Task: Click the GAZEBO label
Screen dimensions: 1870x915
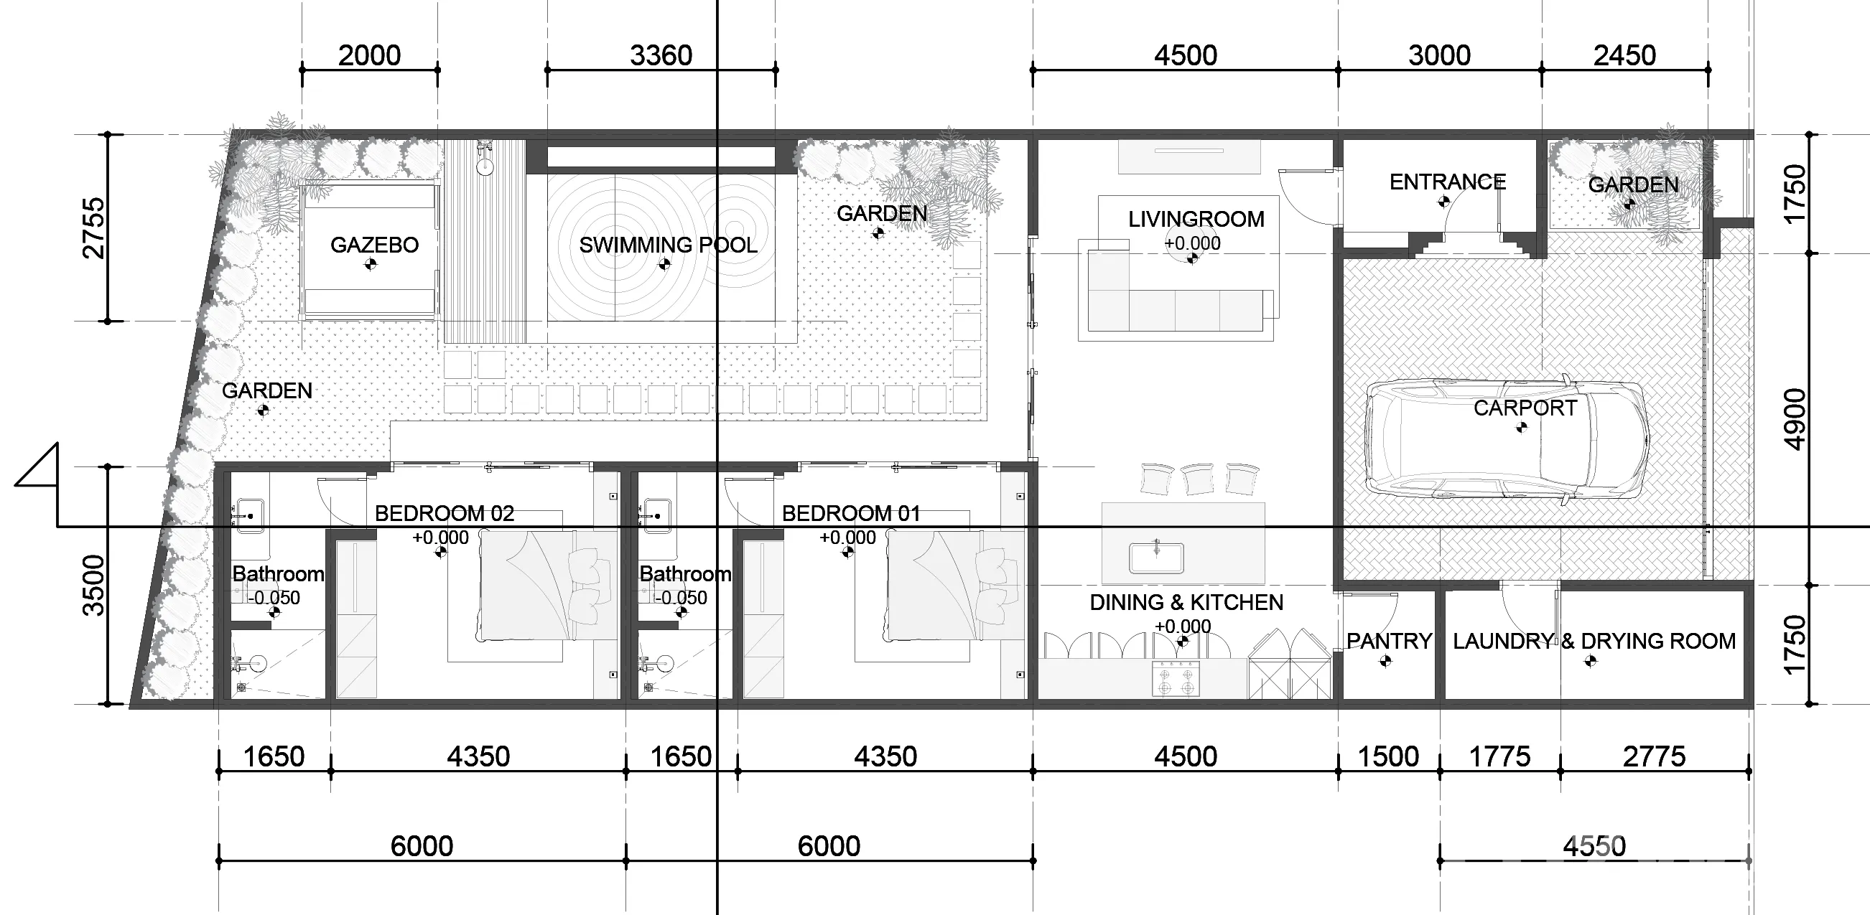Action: pyautogui.click(x=375, y=245)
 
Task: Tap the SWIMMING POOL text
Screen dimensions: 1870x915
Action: pyautogui.click(x=668, y=245)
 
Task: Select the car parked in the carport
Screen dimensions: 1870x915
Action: pyautogui.click(x=1507, y=440)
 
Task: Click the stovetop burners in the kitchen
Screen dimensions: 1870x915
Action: pyautogui.click(x=1176, y=678)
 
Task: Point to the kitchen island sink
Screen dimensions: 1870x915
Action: pyautogui.click(x=1157, y=558)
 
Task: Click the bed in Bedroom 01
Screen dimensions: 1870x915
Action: pyautogui.click(x=954, y=586)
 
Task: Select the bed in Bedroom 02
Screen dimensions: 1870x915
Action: pyautogui.click(x=547, y=586)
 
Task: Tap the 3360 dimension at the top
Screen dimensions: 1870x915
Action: pyautogui.click(x=661, y=55)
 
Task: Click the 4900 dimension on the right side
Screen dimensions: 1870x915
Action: pyautogui.click(x=1795, y=419)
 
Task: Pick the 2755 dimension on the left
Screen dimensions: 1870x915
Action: pyautogui.click(x=94, y=227)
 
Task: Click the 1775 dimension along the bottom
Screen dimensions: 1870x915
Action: pyautogui.click(x=1499, y=757)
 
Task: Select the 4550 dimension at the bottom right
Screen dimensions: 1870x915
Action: pyautogui.click(x=1594, y=846)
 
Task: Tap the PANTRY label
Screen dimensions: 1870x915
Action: pyautogui.click(x=1389, y=642)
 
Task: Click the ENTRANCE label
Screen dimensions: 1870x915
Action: pyautogui.click(x=1448, y=182)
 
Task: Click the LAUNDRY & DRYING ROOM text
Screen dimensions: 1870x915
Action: pyautogui.click(x=1594, y=642)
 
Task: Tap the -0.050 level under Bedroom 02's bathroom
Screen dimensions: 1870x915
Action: pyautogui.click(x=273, y=598)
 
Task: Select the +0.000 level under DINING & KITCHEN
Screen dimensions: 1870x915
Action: pyautogui.click(x=1183, y=627)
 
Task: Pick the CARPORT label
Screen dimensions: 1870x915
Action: pyautogui.click(x=1525, y=408)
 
